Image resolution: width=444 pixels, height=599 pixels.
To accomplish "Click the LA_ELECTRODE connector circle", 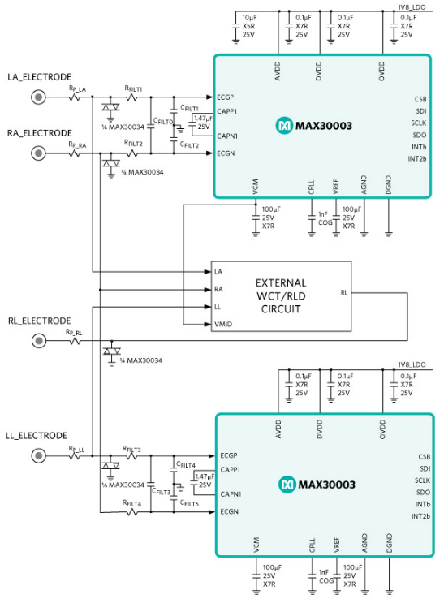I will click(37, 97).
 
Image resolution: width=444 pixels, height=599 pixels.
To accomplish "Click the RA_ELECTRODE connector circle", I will click(37, 153).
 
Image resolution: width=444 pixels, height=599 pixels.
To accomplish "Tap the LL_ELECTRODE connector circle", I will click(37, 457).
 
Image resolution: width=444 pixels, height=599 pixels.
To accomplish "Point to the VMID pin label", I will click(223, 323).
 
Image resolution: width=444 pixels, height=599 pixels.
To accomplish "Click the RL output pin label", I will click(344, 292).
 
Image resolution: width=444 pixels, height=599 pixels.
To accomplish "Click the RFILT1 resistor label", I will click(133, 88).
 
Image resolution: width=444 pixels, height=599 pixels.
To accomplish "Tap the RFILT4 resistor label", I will click(132, 503).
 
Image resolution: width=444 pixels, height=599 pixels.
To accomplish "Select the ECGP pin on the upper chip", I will click(226, 97).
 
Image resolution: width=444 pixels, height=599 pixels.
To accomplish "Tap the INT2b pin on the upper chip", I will click(419, 158).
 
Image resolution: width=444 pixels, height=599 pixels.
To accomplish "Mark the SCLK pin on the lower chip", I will click(419, 480).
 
